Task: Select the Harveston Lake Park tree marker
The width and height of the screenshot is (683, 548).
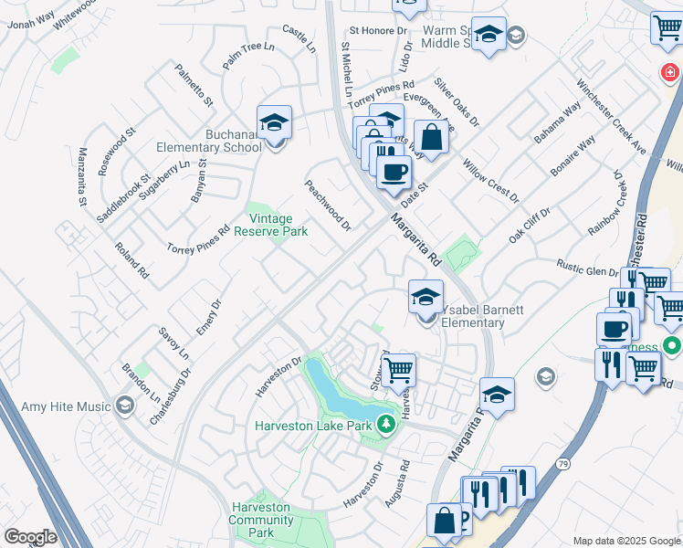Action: [x=386, y=424]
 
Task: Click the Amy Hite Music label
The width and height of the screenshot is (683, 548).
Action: [x=60, y=406]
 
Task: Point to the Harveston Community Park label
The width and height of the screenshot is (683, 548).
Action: [x=261, y=520]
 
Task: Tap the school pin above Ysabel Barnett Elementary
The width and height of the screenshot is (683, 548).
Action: [x=426, y=296]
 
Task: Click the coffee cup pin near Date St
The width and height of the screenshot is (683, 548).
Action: [x=394, y=172]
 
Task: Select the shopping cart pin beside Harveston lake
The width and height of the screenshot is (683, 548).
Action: [x=398, y=371]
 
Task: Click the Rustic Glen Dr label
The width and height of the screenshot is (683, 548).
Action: [x=589, y=266]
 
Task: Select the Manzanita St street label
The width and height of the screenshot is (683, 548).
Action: [x=82, y=175]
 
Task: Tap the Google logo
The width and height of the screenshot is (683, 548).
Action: [x=30, y=537]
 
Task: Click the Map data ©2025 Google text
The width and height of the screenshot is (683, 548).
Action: [x=625, y=541]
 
